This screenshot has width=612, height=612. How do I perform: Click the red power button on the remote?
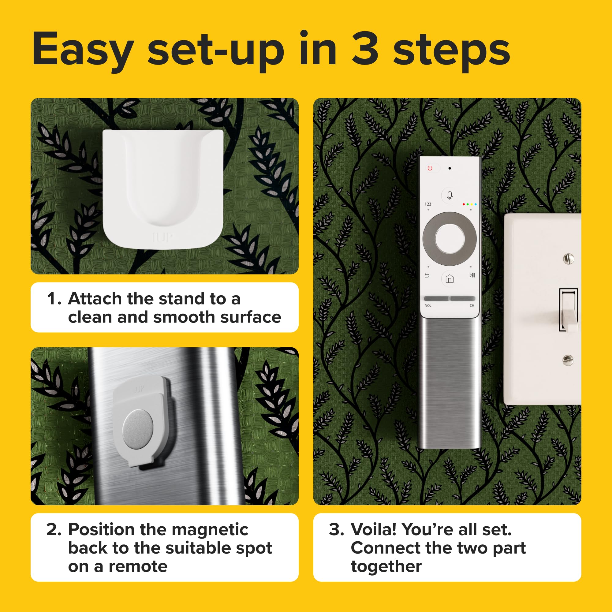pos(430,168)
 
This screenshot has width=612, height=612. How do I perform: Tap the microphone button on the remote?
pos(450,196)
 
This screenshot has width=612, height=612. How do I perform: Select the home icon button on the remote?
pos(450,279)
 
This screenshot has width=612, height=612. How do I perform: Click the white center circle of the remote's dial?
pos(450,239)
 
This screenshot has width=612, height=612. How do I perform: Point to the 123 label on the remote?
pos(428,204)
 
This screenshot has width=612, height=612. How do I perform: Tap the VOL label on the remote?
pos(428,306)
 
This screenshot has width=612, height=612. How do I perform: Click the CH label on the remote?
pos(472,306)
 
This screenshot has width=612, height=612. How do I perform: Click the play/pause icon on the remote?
pos(472,275)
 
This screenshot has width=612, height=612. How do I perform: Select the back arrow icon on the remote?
pos(427,276)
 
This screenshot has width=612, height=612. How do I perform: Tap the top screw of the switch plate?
pos(568,259)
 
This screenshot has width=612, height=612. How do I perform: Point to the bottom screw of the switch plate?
pos(568,360)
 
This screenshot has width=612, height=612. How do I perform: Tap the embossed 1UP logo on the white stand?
pos(162,237)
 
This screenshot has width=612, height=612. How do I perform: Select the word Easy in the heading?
pos(83,51)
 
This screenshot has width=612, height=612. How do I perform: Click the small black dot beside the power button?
pos(450,168)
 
